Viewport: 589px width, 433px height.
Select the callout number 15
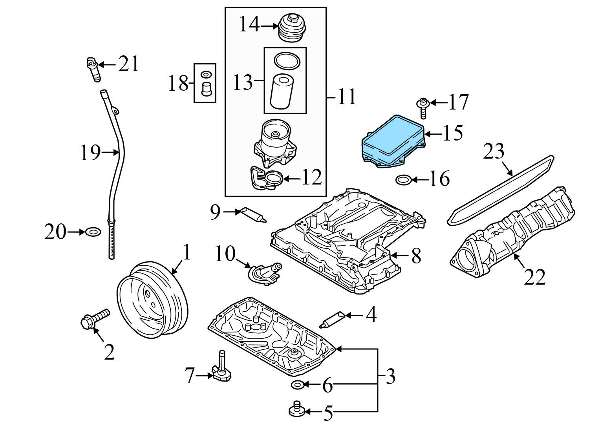[453, 133]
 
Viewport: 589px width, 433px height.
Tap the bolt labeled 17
[422, 108]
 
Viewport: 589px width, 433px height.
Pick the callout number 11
[346, 96]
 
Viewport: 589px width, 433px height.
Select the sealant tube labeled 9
[254, 214]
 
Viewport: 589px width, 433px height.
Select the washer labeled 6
[297, 384]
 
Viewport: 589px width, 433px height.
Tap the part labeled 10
[265, 273]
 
